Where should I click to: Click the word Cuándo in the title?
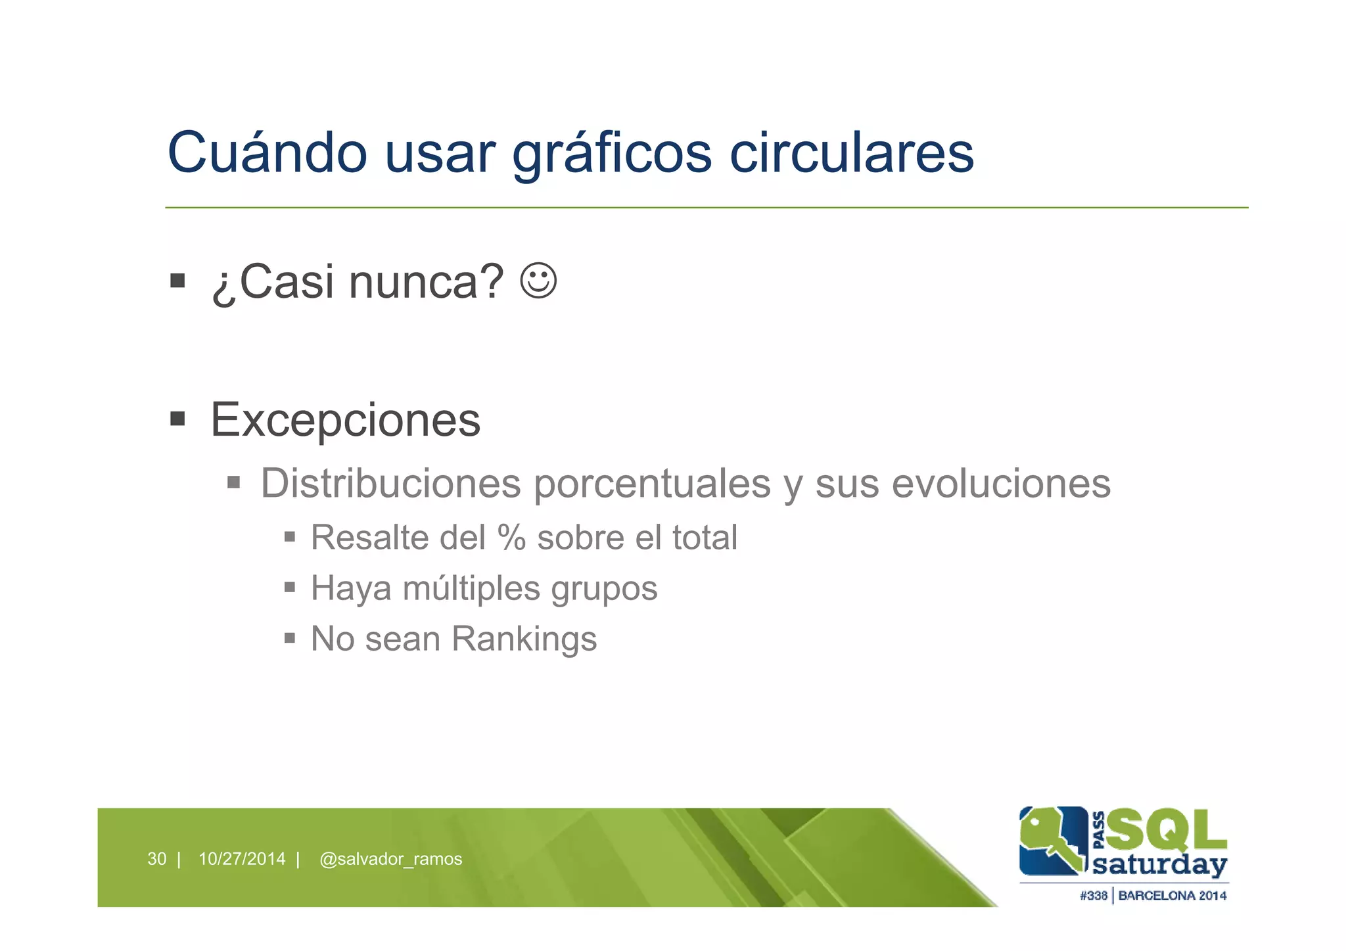click(267, 152)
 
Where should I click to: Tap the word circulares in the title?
click(852, 152)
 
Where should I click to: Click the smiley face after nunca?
click(538, 281)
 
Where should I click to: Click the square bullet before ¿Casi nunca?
click(177, 281)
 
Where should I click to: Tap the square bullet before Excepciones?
click(177, 419)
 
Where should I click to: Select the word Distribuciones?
click(391, 483)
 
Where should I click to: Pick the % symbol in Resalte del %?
click(512, 537)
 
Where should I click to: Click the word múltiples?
click(472, 588)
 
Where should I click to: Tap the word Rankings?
click(524, 638)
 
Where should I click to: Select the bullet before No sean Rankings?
click(290, 638)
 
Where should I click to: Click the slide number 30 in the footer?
click(156, 858)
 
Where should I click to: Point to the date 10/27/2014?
click(242, 858)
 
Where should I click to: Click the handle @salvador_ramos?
click(390, 858)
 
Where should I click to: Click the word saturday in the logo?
click(1159, 864)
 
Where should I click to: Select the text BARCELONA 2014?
click(1172, 895)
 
